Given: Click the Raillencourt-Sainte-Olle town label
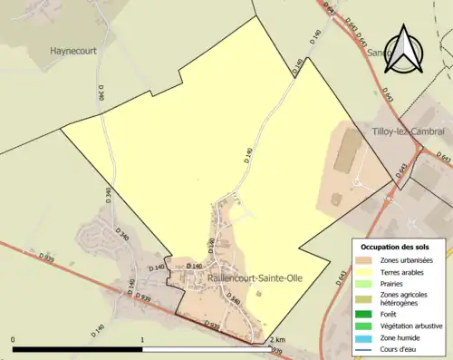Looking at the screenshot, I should [255, 277].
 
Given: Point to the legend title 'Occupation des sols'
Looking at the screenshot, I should [395, 247].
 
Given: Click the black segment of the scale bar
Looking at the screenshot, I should [78, 349].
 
